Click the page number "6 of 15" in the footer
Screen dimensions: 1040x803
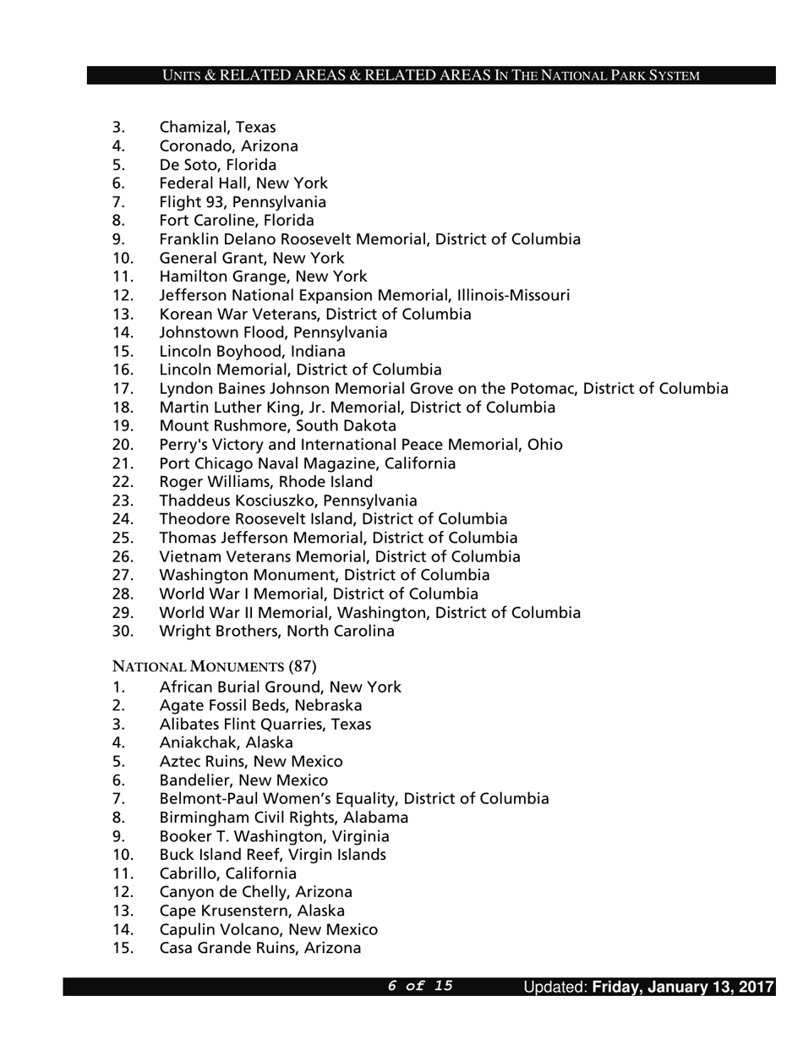pyautogui.click(x=420, y=986)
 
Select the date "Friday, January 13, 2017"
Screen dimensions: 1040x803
pyautogui.click(x=683, y=987)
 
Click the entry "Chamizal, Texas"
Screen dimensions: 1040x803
pyautogui.click(x=217, y=128)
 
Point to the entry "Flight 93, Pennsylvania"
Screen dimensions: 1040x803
pyautogui.click(x=243, y=202)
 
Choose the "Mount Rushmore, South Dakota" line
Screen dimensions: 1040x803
pyautogui.click(x=277, y=425)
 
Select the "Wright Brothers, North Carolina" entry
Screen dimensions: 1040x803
pyautogui.click(x=276, y=631)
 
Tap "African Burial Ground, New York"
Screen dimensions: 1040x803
pyautogui.click(x=280, y=687)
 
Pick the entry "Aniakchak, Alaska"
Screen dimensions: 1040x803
pyautogui.click(x=226, y=742)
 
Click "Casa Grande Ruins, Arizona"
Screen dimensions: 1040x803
pyautogui.click(x=259, y=948)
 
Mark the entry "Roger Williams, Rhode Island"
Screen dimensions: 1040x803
pyautogui.click(x=265, y=482)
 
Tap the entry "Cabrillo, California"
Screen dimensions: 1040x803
pyautogui.click(x=227, y=873)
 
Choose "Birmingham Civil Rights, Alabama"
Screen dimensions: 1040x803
pyautogui.click(x=283, y=818)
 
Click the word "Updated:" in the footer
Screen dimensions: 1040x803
pyautogui.click(x=554, y=987)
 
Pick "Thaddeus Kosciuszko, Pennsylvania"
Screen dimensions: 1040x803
pyautogui.click(x=287, y=501)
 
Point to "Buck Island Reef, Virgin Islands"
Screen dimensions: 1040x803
pyautogui.click(x=272, y=855)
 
